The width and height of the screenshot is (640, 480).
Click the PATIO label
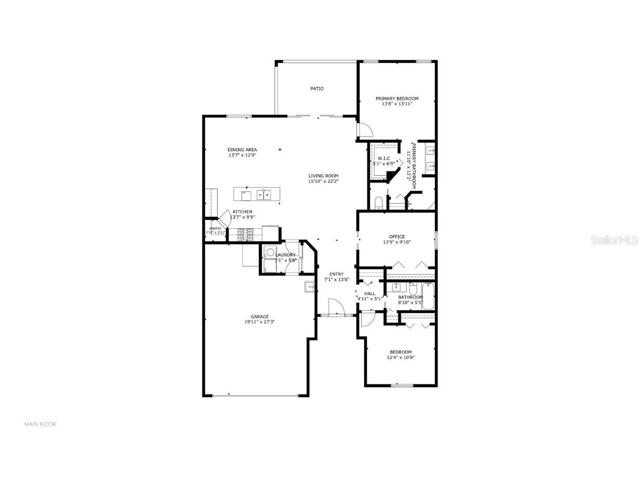[x=317, y=89]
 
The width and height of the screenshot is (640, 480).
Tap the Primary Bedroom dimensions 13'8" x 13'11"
[x=397, y=104]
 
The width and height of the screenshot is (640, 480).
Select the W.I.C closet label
[x=384, y=158]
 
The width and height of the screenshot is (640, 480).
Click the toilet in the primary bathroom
[x=379, y=202]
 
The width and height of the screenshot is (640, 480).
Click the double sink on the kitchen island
[x=263, y=195]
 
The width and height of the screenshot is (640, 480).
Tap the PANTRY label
[x=216, y=228]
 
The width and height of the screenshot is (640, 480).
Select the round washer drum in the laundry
[x=270, y=253]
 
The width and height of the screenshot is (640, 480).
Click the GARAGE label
[x=259, y=316]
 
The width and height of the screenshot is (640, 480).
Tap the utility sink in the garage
[x=310, y=287]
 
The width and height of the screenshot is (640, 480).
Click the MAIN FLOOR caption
[x=40, y=424]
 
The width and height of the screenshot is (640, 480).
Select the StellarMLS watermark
[x=618, y=240]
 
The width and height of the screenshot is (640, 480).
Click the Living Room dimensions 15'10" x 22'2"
[x=323, y=182]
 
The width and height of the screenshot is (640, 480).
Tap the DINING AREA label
[x=242, y=150]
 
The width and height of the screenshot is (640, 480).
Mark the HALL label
[x=370, y=293]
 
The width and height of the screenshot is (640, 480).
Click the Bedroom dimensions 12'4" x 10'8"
[x=400, y=358]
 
